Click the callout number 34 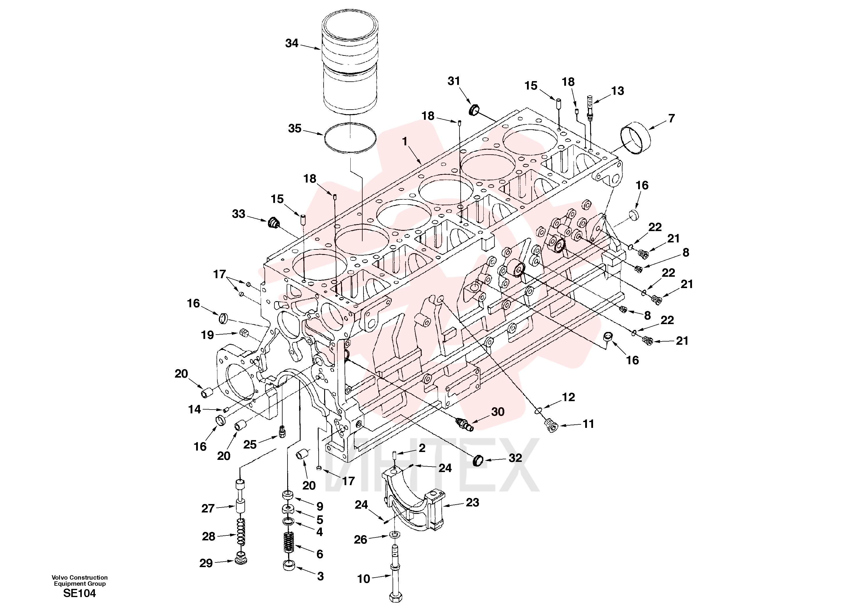292,43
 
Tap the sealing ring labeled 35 350,138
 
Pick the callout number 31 454,81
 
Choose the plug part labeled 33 273,223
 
